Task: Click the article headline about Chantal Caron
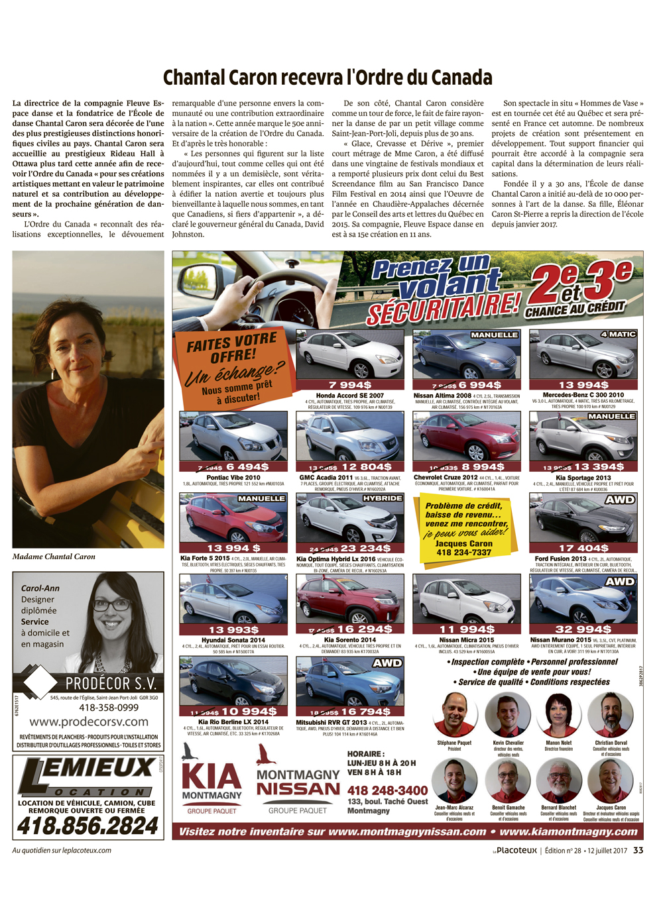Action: (328, 78)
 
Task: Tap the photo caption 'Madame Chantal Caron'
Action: (54, 557)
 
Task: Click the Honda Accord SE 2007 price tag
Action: (349, 384)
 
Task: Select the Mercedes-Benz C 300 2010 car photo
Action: (583, 355)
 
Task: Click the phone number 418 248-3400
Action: (387, 790)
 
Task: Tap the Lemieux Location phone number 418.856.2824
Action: (88, 826)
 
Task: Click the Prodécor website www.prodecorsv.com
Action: (89, 722)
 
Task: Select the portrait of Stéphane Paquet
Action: (454, 714)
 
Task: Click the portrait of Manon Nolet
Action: (558, 714)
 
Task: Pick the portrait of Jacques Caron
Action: (611, 780)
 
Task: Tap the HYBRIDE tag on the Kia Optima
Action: (383, 498)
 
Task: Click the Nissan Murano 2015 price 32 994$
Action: (583, 629)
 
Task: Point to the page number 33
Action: (638, 850)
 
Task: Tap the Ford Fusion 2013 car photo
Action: (583, 519)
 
